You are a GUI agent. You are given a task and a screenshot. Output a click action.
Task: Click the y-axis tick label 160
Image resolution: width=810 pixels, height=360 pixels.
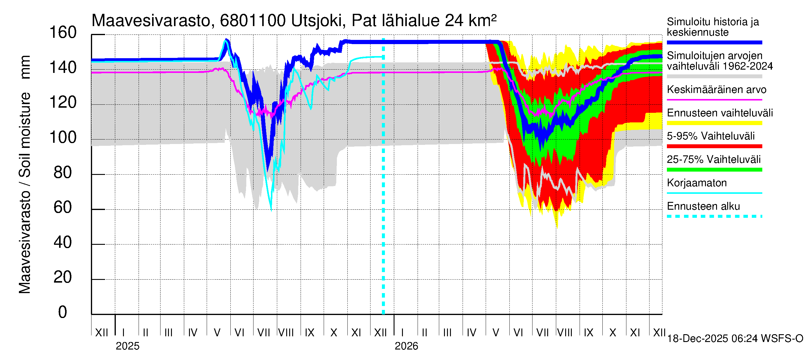(63, 33)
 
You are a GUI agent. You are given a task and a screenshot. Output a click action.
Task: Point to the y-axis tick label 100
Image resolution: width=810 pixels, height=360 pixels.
(63, 138)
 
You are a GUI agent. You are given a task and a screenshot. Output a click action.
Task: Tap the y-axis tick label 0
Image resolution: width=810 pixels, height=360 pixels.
(63, 312)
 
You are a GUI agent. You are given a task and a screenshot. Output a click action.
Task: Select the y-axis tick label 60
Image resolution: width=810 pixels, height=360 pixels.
(63, 208)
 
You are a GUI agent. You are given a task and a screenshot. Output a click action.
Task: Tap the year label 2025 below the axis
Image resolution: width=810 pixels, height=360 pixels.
(127, 346)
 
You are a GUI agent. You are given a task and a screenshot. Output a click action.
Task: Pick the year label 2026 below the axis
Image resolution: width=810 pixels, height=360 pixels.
(406, 346)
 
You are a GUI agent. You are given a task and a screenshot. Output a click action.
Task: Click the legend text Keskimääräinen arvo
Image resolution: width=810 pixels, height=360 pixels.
(717, 90)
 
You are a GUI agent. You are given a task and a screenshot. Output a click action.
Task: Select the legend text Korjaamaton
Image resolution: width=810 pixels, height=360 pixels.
(697, 183)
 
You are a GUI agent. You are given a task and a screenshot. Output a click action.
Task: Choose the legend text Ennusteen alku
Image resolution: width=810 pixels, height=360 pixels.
(703, 207)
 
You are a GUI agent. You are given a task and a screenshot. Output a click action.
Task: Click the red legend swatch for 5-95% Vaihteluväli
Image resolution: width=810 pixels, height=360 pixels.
(714, 146)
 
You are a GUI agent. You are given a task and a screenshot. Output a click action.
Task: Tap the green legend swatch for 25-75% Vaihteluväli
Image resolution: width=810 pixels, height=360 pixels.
(714, 170)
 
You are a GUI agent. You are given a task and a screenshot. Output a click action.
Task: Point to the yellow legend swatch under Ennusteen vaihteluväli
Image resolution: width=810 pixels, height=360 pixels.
(714, 123)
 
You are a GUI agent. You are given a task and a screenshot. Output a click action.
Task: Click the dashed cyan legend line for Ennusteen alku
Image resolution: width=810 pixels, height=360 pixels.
(714, 216)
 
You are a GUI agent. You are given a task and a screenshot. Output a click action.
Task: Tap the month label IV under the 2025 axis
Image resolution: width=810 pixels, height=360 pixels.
(192, 333)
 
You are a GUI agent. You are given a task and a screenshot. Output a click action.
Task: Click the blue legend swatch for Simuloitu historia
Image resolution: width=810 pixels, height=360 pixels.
(714, 42)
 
